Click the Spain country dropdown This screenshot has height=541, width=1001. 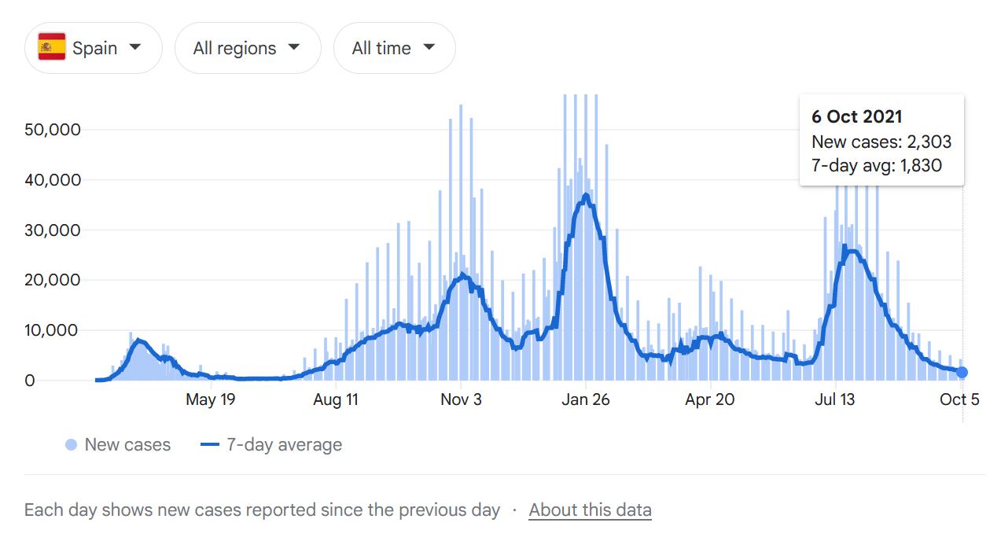click(x=93, y=48)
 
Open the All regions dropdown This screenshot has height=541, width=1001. click(x=247, y=48)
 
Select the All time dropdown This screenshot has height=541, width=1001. click(x=394, y=48)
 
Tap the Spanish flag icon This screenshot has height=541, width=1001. click(x=52, y=47)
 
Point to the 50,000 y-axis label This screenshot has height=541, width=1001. click(x=53, y=129)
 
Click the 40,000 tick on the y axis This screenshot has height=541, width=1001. click(x=53, y=179)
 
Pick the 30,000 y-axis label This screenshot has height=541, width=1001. click(x=53, y=230)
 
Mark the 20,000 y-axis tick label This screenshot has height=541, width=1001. click(x=53, y=280)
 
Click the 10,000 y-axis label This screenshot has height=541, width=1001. click(x=53, y=330)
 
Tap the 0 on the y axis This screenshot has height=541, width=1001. click(x=30, y=381)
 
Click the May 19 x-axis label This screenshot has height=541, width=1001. click(x=210, y=399)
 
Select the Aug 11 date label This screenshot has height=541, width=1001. click(x=335, y=399)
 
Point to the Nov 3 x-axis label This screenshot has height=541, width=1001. click(x=461, y=399)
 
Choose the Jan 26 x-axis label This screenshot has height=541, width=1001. click(x=585, y=399)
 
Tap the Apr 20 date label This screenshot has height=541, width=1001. click(x=709, y=399)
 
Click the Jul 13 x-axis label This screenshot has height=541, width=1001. click(x=834, y=399)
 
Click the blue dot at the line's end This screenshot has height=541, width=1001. click(x=962, y=372)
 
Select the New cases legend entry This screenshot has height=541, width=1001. click(x=118, y=445)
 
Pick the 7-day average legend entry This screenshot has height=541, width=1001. click(x=272, y=445)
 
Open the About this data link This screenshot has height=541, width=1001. click(x=590, y=510)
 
